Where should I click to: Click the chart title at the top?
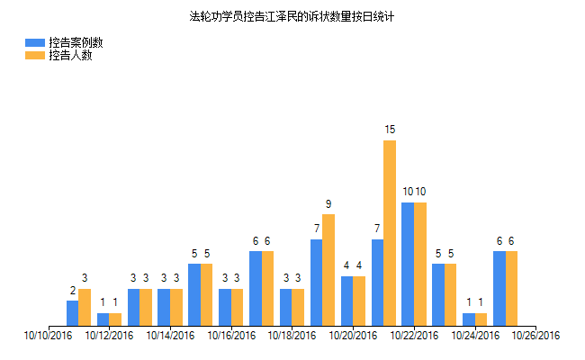292,16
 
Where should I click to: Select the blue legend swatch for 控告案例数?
35,42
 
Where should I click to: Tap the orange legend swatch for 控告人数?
35,56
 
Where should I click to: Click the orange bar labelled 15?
390,233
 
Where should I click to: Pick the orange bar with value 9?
328,270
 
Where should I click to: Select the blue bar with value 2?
72,313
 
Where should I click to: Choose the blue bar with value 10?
408,264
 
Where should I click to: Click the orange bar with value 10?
420,264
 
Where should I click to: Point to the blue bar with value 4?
346,301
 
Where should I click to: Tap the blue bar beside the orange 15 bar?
377,283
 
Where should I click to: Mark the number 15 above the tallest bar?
390,130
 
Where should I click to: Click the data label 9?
328,204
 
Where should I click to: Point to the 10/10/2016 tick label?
48,336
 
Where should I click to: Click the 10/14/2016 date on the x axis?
170,336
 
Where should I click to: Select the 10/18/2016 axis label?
292,336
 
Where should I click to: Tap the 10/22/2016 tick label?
414,336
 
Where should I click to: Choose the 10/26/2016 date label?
535,336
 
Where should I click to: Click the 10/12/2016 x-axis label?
109,336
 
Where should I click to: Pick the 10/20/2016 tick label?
353,336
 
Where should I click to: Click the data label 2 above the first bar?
72,291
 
